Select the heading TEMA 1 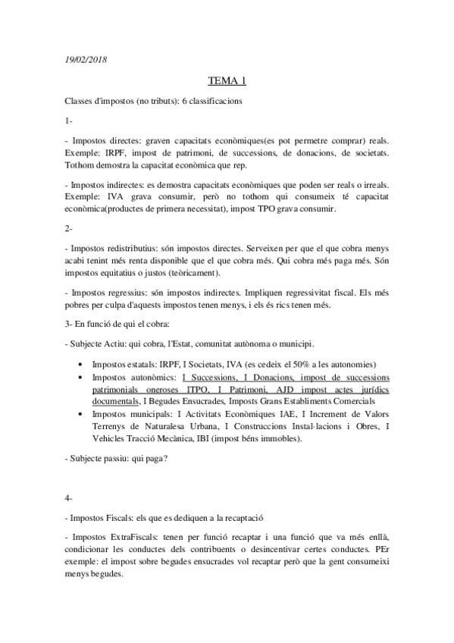[227, 81]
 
